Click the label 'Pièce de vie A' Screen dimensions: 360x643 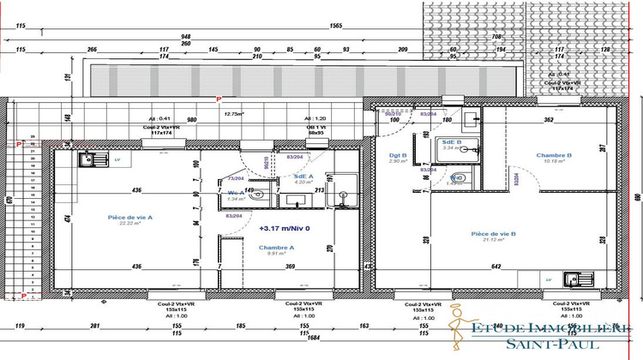130,218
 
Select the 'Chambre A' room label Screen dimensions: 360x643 277,247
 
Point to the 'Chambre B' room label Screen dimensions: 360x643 554,155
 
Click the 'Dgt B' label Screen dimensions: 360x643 385,155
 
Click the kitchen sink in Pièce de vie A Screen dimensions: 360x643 86,159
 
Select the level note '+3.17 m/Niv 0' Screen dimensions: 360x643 283,229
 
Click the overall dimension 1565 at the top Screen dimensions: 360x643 336,27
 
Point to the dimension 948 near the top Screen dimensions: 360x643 185,37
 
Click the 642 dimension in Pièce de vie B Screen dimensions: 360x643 495,267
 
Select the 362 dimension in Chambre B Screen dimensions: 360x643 548,120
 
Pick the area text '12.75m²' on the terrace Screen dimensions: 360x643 233,113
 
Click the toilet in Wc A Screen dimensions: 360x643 257,195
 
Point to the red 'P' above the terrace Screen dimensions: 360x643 219,100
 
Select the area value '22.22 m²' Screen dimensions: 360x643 130,225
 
